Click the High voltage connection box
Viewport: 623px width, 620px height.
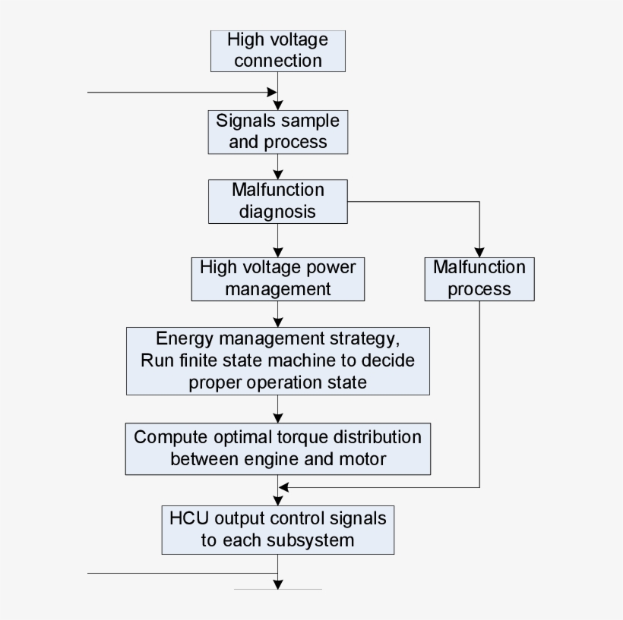tap(277, 51)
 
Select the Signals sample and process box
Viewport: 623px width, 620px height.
tap(277, 132)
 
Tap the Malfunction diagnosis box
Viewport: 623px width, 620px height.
tap(277, 201)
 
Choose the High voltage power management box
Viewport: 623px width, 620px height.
tap(277, 279)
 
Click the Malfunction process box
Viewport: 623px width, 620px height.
tap(479, 279)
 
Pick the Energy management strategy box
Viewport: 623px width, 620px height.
tap(277, 360)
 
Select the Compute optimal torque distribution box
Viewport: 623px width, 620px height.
tap(277, 448)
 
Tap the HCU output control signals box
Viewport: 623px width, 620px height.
tap(277, 530)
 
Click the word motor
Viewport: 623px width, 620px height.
tap(360, 459)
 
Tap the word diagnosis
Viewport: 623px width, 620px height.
tap(277, 212)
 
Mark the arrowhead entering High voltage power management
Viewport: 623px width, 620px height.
tap(278, 251)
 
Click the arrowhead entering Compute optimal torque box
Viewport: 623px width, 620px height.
tap(278, 417)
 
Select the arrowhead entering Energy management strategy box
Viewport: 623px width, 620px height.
tap(278, 322)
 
